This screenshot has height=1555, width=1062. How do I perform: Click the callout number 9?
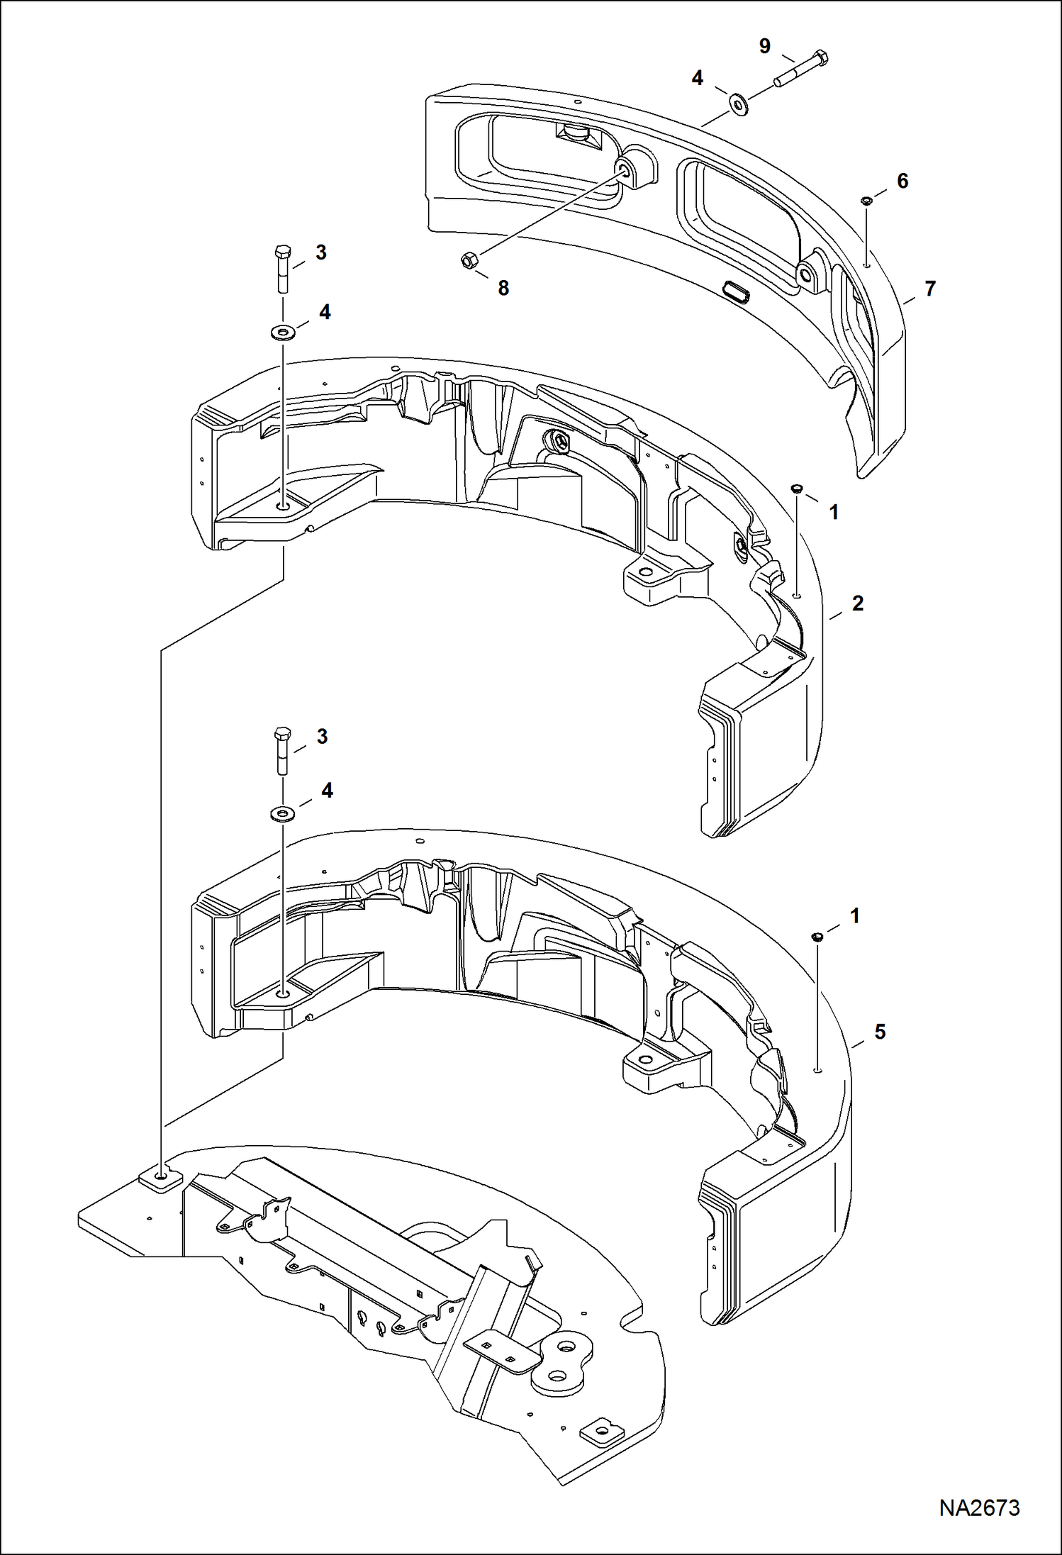click(x=764, y=46)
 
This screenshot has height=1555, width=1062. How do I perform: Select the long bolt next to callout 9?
click(x=801, y=69)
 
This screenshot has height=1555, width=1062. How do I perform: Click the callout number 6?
click(x=902, y=182)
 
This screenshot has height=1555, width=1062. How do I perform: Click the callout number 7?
click(x=929, y=289)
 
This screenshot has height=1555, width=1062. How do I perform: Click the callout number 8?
click(x=503, y=288)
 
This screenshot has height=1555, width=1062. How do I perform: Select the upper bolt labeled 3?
click(x=281, y=267)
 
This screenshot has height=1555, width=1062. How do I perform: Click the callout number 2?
click(x=857, y=603)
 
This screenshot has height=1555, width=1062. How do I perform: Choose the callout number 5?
click(x=879, y=1032)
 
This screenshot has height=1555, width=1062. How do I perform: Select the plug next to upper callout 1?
click(x=796, y=489)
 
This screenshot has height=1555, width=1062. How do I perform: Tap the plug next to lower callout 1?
click(x=817, y=937)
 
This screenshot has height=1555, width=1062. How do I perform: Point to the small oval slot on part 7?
click(x=734, y=291)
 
